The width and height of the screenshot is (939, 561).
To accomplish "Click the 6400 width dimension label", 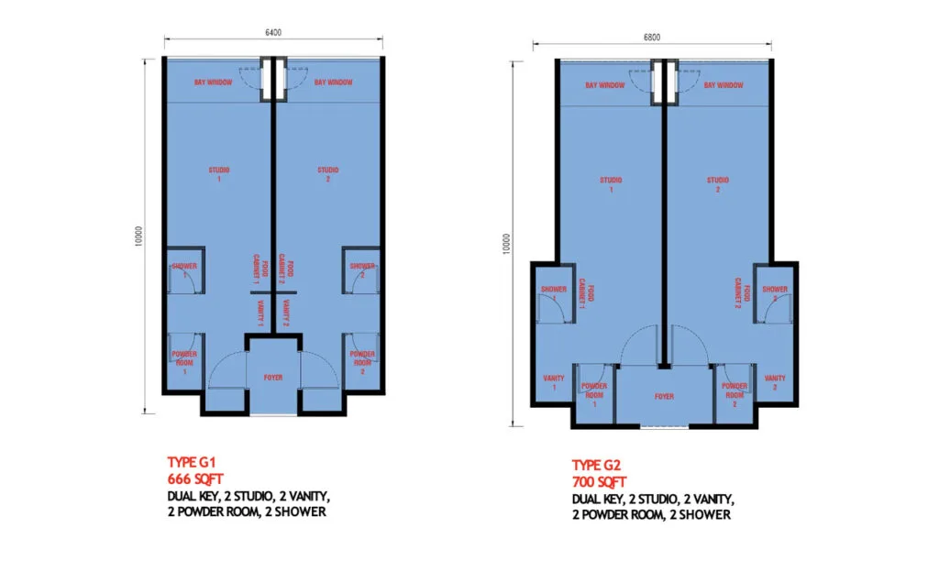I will tap(273, 32).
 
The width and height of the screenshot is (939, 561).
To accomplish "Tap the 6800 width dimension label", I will tap(652, 38).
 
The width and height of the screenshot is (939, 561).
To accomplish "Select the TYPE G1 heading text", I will tap(190, 462).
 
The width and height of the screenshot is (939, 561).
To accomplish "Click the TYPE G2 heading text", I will tap(599, 465).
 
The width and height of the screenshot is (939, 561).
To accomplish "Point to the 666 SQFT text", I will tap(194, 478).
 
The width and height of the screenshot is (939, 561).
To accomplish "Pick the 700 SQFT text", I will tap(599, 482).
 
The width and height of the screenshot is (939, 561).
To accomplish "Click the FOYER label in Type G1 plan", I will tap(272, 378).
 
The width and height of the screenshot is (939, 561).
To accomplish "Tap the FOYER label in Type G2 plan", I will tap(664, 397).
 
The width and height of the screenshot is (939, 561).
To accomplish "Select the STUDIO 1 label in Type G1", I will tap(218, 174).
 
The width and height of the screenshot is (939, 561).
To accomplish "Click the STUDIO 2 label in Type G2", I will tap(718, 185).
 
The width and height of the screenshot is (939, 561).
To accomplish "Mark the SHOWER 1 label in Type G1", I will tap(184, 270).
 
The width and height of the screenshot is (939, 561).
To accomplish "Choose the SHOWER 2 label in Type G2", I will tap(775, 293).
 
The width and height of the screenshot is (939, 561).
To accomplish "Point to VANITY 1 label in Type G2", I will tap(554, 383).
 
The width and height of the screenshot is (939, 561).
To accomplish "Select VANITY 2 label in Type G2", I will tap(775, 383).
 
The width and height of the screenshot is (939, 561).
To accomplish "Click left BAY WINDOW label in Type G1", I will tap(213, 82).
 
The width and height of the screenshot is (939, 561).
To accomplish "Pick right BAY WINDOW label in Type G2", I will tap(724, 85).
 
